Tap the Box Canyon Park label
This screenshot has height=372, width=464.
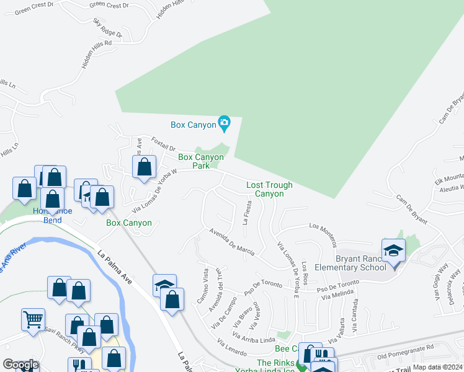click(x=200, y=161)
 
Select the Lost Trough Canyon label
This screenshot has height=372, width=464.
click(x=269, y=189)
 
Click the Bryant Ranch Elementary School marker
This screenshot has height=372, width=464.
click(x=393, y=250)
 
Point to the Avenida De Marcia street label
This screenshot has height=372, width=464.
click(x=232, y=242)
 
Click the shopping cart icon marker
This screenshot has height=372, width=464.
click(x=33, y=320)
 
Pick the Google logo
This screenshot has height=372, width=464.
click(x=20, y=365)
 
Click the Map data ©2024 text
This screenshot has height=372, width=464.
click(x=437, y=367)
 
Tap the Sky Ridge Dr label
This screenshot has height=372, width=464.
click(x=108, y=28)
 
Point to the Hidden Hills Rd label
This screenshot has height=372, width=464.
click(x=96, y=55)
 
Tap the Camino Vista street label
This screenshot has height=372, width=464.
click(x=206, y=284)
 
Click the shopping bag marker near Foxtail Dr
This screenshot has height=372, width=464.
click(x=144, y=166)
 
